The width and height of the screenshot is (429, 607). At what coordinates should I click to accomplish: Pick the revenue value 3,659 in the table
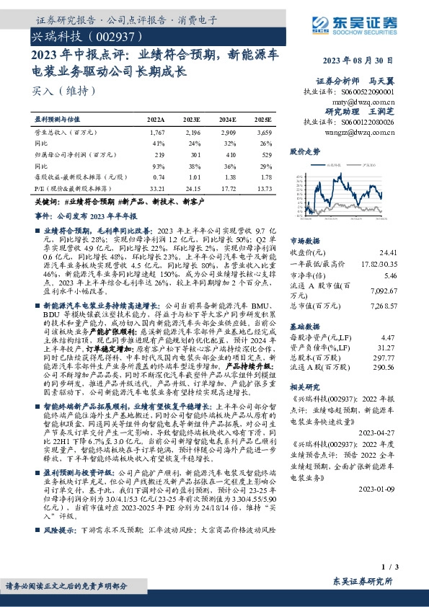(x=263, y=133)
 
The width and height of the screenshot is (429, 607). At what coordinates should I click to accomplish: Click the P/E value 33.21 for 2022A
(x=156, y=187)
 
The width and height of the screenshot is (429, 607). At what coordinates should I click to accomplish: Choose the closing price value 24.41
(x=388, y=253)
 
